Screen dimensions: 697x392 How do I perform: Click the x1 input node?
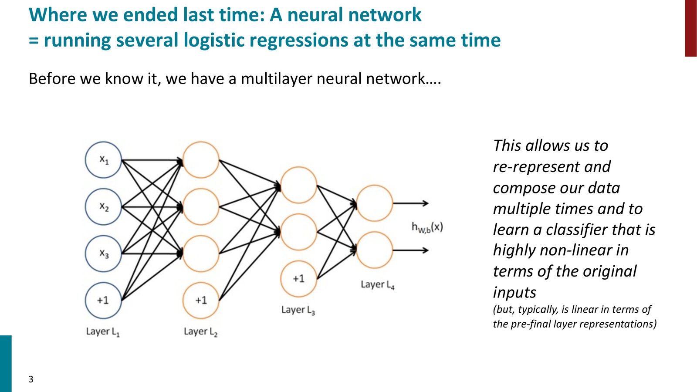[103, 160]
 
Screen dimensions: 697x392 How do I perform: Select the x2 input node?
[103, 206]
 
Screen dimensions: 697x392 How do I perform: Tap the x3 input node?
[103, 253]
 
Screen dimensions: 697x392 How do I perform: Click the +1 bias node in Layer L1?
[103, 300]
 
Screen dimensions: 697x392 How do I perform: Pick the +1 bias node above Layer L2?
[201, 300]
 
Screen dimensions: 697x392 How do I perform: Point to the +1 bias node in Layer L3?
[299, 279]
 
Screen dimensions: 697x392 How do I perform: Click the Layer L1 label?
[103, 331]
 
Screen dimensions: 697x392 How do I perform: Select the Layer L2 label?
[201, 331]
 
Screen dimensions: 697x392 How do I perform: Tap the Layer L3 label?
[298, 310]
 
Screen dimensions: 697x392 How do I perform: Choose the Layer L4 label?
[378, 285]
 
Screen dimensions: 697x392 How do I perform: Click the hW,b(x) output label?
[427, 227]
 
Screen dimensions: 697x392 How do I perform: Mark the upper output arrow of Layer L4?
[411, 203]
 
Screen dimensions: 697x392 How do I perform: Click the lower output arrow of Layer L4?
[411, 250]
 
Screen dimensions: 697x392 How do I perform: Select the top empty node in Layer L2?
[201, 160]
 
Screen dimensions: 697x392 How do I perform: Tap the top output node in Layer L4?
[374, 203]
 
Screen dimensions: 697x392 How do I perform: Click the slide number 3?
[31, 379]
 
